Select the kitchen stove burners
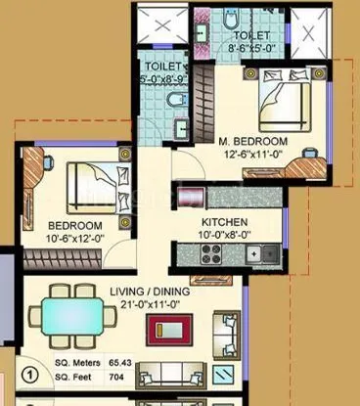pyautogui.click(x=211, y=254)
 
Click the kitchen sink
pyautogui.click(x=263, y=254)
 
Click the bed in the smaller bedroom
pyautogui.click(x=88, y=180)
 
